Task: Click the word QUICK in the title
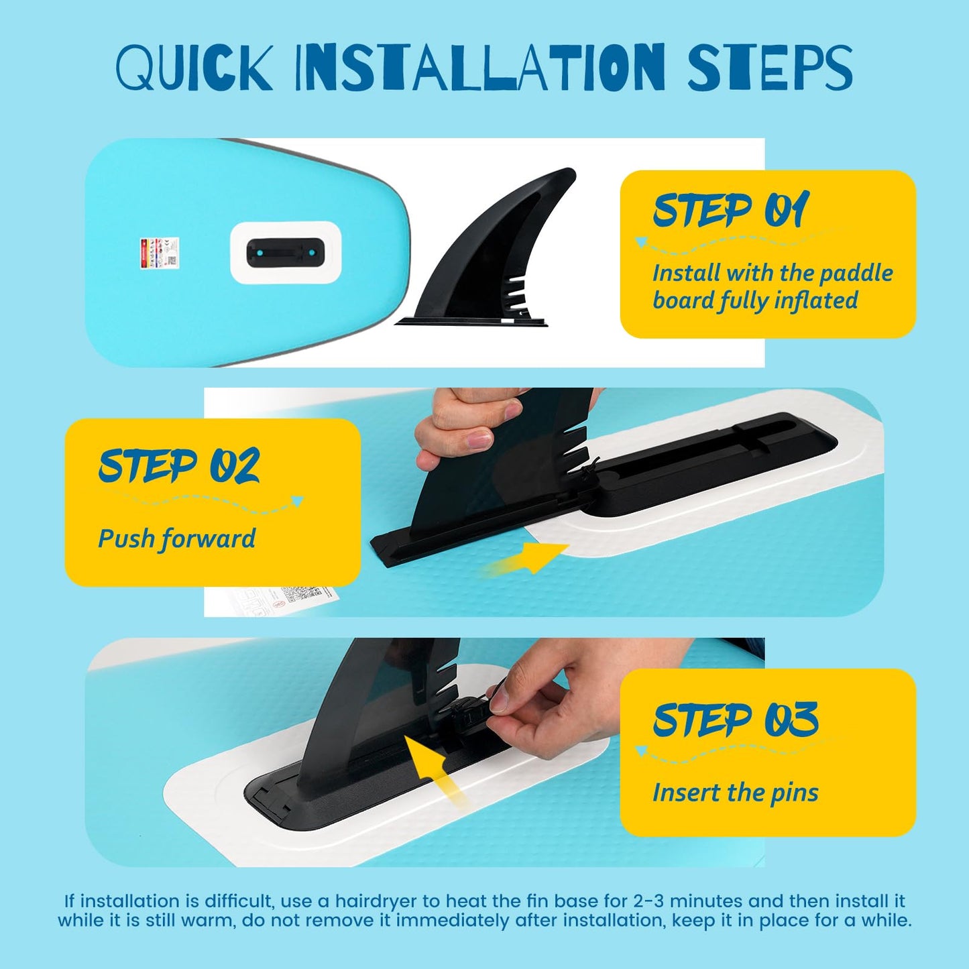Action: [x=194, y=68]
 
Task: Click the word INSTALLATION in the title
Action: [x=479, y=68]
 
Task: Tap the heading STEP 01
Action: [x=731, y=211]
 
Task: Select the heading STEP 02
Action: [x=179, y=465]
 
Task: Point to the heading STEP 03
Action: [x=736, y=720]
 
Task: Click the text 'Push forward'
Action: [x=177, y=538]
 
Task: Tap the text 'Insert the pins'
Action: [x=736, y=793]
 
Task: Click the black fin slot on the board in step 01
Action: [x=286, y=252]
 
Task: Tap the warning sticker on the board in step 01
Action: [x=159, y=253]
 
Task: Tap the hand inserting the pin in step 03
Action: [x=570, y=697]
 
